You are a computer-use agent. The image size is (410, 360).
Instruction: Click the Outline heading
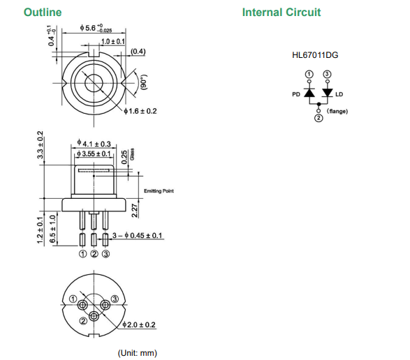click(43, 13)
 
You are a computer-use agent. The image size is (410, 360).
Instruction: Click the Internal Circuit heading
click(281, 13)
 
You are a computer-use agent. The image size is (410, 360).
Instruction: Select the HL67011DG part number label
click(315, 55)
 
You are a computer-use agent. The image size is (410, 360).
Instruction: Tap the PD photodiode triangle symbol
click(309, 93)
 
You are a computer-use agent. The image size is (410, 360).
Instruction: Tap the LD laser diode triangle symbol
click(327, 93)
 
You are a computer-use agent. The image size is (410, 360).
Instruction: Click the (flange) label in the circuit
click(337, 112)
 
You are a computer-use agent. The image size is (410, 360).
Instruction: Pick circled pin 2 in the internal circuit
click(319, 118)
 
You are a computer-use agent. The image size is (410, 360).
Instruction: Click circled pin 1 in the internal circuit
click(309, 75)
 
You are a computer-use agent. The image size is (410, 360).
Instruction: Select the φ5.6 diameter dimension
click(96, 28)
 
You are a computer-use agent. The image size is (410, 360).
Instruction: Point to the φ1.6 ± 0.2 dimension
click(140, 112)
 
